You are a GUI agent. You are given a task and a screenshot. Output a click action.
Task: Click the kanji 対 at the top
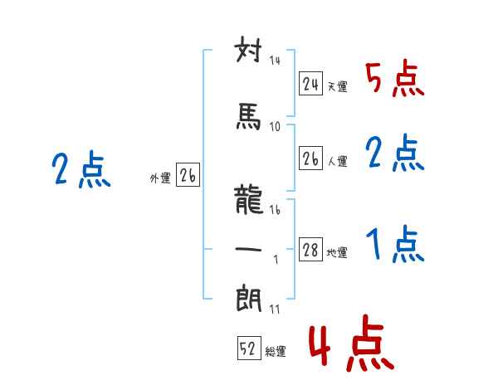click(248, 50)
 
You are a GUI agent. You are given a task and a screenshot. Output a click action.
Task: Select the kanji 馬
click(248, 116)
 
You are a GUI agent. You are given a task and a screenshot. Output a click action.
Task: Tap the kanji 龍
click(249, 199)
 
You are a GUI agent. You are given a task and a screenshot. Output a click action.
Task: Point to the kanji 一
click(248, 249)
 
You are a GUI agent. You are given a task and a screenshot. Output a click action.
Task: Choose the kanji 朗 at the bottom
click(249, 299)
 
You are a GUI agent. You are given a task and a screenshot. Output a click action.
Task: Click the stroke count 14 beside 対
click(275, 61)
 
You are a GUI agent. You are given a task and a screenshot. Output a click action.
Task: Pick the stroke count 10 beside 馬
click(275, 127)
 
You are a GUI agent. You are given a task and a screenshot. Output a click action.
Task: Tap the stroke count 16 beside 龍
click(275, 210)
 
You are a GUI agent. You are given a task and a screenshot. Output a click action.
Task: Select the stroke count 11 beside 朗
click(275, 309)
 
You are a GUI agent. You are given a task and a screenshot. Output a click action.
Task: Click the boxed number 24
click(310, 84)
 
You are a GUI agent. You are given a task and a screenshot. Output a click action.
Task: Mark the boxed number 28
click(310, 249)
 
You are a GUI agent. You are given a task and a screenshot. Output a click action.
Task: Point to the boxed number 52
click(249, 348)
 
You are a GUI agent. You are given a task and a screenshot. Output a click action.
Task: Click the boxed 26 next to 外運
click(188, 175)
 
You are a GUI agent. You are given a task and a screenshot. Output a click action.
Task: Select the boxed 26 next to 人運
click(310, 158)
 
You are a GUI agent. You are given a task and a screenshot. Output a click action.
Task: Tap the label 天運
click(337, 86)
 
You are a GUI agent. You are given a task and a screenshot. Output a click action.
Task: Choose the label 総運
click(276, 351)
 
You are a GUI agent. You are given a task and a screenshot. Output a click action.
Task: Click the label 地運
click(337, 253)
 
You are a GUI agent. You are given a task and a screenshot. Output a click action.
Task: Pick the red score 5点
click(395, 79)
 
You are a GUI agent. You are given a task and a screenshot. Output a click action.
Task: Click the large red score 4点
click(351, 343)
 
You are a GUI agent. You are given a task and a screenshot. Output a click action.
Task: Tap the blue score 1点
click(395, 244)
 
